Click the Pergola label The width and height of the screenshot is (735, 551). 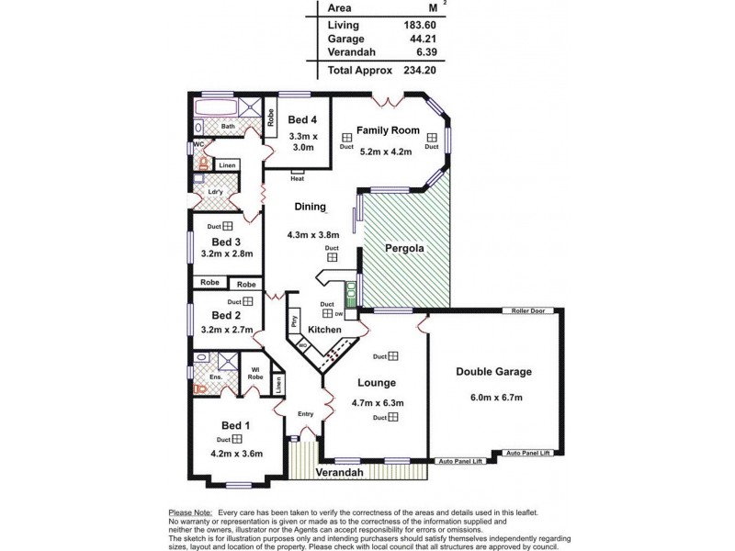tap(405, 249)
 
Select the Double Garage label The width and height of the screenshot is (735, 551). tap(494, 372)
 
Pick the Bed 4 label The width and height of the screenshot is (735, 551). tap(302, 120)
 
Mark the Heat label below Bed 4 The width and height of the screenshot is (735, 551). tap(297, 178)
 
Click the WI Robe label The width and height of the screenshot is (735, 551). tap(257, 374)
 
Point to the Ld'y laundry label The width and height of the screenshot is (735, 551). tap(218, 192)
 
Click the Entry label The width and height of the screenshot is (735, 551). tap(305, 414)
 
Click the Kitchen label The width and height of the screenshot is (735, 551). tap(324, 330)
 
